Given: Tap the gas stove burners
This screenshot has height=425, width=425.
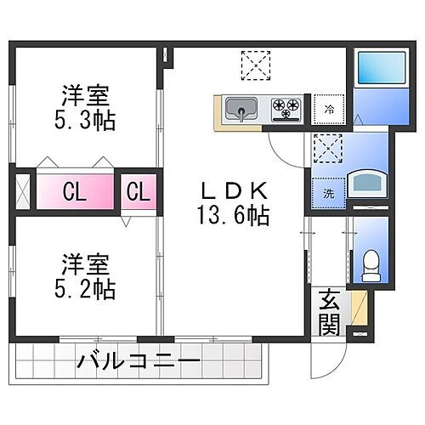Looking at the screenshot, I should point(286,109).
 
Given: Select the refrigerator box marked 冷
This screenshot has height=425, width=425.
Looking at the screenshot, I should point(328,109).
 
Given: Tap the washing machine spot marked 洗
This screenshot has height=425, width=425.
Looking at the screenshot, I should point(327,192).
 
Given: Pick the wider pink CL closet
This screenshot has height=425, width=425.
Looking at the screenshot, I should point(75,191).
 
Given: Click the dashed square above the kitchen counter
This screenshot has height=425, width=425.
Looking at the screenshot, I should point(252,63).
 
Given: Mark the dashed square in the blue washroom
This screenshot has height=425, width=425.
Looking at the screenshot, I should point(326,148).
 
